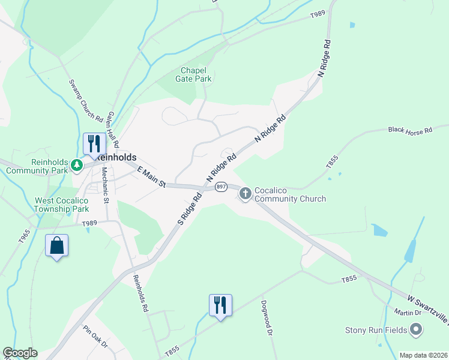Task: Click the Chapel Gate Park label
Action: (x=193, y=74)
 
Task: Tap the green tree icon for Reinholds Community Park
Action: (x=76, y=164)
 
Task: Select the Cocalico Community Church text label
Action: (x=290, y=194)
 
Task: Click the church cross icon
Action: (x=245, y=193)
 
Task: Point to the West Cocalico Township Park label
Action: (x=62, y=205)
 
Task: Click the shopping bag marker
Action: (x=56, y=246)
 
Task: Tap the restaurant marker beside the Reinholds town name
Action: (x=94, y=144)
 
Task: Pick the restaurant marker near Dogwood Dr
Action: (x=220, y=305)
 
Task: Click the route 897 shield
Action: (x=220, y=187)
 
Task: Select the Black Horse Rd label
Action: (x=410, y=130)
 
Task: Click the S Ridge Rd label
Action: (x=189, y=209)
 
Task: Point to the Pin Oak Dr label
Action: (x=95, y=337)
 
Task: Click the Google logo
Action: (x=20, y=353)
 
